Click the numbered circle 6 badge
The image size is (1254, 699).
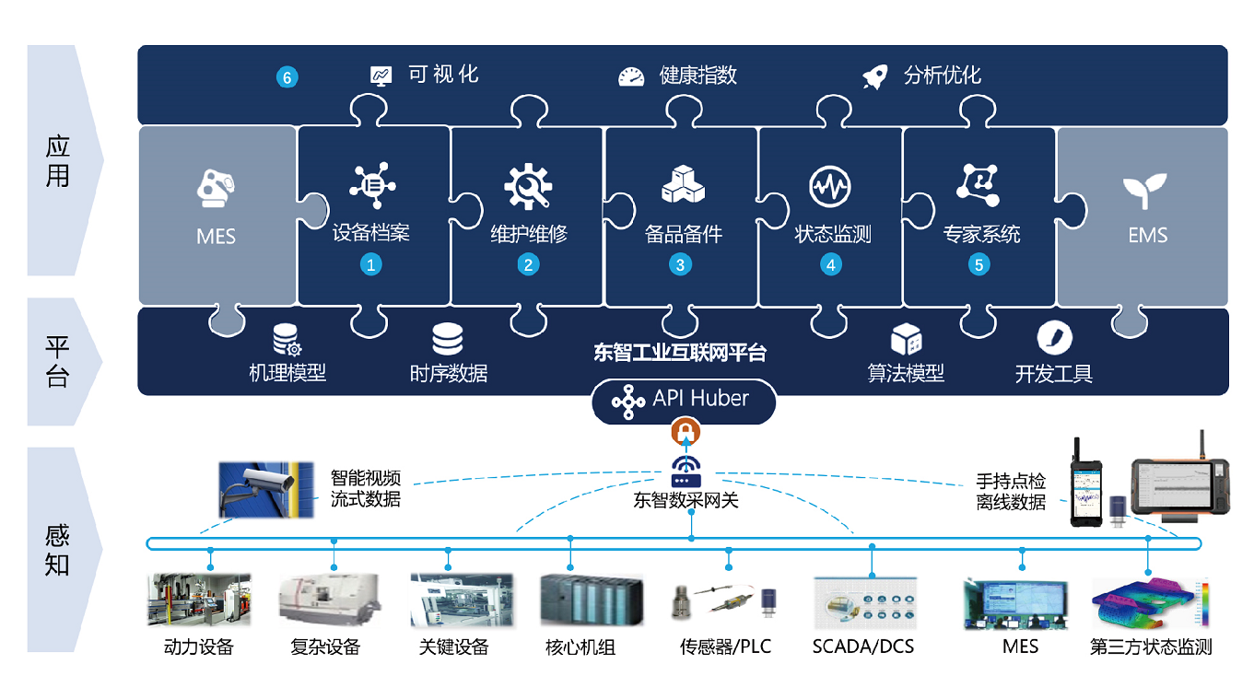(287, 77)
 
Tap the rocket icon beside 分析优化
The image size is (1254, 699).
(875, 76)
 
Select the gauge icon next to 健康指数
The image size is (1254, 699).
(631, 76)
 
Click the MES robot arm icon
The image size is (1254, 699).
(217, 188)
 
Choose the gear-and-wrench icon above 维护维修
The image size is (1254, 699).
(528, 187)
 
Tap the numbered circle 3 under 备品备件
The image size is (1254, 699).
(680, 265)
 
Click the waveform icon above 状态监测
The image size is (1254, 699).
(830, 187)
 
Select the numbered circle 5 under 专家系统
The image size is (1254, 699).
(979, 265)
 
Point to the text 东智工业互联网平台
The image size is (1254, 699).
(680, 353)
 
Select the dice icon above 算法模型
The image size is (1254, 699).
(906, 340)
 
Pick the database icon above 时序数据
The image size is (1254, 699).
(448, 340)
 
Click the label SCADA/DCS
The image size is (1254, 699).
(863, 647)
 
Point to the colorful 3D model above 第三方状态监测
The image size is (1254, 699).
(1148, 603)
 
